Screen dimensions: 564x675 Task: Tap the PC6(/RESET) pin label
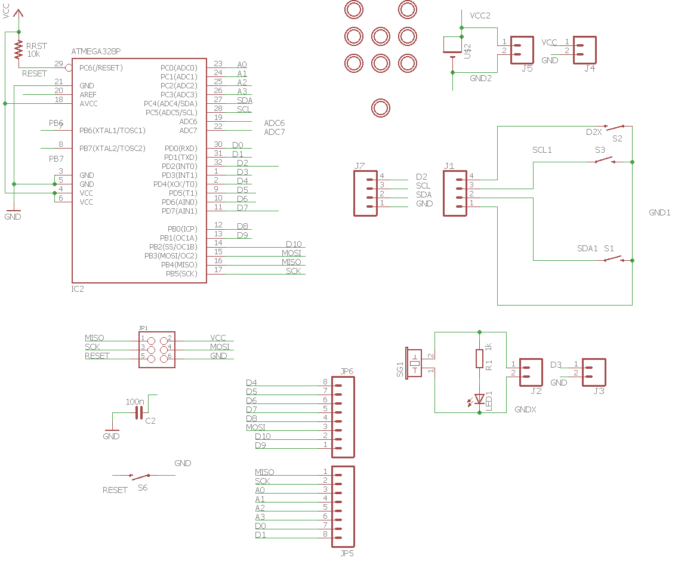(101, 68)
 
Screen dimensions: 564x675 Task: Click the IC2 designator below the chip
(78, 289)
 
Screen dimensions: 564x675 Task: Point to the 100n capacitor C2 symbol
(140, 412)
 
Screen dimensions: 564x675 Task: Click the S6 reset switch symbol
(140, 476)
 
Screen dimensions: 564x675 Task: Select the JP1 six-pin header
(156, 349)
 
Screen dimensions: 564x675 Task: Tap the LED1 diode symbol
(479, 398)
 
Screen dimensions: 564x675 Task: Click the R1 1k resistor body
(479, 359)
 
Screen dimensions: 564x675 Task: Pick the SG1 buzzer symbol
(414, 363)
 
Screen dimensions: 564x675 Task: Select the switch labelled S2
(615, 127)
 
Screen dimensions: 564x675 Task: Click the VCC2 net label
(480, 16)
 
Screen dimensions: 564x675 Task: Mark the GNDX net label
(525, 411)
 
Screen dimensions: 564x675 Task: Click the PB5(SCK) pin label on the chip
(181, 274)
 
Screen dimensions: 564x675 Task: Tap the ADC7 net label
(275, 132)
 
